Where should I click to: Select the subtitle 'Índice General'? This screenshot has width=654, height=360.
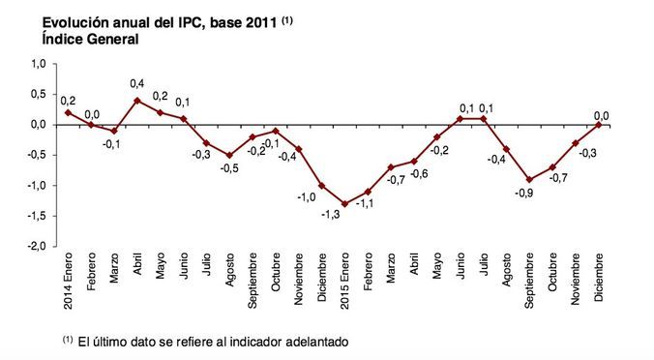[76, 40]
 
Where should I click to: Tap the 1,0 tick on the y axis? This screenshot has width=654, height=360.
[39, 64]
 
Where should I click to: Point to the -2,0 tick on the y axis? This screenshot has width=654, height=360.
[37, 246]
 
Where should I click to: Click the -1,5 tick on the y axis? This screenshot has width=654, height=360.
[37, 216]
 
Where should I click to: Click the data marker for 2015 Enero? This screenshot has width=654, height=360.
[344, 203]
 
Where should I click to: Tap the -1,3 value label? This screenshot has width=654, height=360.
[331, 216]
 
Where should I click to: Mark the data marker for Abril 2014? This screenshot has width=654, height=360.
[137, 100]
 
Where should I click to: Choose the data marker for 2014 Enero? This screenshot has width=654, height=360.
[68, 112]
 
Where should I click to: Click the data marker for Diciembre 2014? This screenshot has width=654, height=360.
[321, 185]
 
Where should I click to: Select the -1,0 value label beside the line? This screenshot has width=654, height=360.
[305, 197]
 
